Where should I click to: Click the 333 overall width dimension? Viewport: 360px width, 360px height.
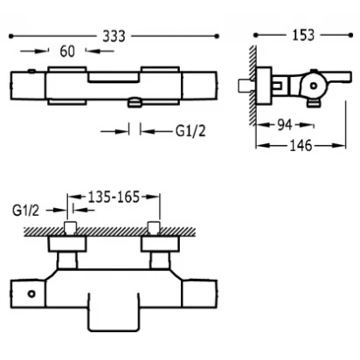(114, 37)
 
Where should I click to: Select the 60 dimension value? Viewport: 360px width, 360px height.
(67, 52)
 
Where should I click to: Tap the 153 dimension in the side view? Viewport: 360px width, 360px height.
(303, 35)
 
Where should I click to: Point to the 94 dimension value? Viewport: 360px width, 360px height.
(284, 125)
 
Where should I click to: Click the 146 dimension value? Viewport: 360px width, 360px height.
(301, 146)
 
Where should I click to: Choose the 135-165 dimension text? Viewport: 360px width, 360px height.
(114, 197)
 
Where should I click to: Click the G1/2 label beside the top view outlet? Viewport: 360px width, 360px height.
(190, 131)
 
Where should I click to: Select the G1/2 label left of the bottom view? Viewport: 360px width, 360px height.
(25, 211)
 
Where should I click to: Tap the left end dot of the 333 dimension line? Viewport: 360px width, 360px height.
(11, 37)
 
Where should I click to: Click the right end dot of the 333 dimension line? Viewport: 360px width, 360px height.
(217, 36)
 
